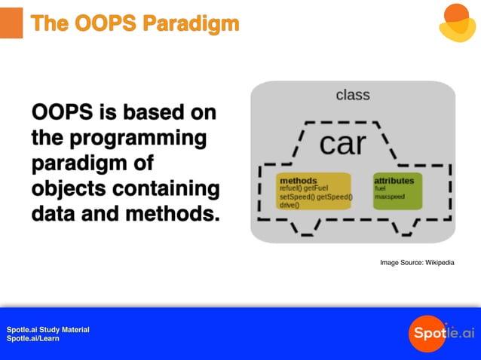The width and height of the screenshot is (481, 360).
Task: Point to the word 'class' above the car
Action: [352, 95]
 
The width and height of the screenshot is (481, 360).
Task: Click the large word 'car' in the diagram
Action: [343, 142]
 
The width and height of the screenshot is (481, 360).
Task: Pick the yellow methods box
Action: [314, 191]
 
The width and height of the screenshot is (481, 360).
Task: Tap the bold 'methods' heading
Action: [298, 181]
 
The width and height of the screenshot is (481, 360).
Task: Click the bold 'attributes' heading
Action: [399, 181]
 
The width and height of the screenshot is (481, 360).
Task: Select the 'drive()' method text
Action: [290, 205]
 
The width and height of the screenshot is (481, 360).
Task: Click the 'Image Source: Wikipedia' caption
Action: [417, 262]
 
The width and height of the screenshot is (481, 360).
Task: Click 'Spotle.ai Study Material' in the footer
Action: [48, 330]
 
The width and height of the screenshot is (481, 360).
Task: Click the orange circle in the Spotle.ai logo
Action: [427, 333]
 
